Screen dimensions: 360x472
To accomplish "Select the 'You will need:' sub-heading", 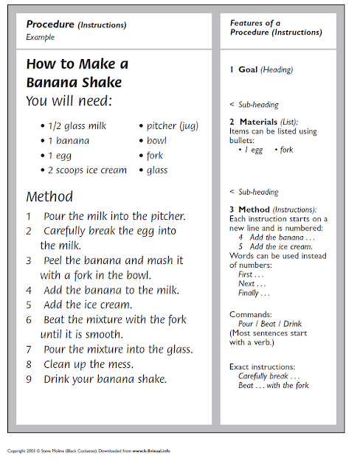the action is coord(71,101).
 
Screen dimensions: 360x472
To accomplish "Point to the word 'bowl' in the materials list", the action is coord(156,141).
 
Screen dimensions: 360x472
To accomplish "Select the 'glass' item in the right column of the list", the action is coord(156,170).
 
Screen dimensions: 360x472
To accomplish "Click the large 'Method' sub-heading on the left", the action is coord(49,197).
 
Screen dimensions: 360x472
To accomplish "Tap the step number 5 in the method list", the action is coord(29,305).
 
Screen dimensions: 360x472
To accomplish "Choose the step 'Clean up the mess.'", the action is coord(89,364).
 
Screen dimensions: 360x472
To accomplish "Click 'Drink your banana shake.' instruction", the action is coord(105,379).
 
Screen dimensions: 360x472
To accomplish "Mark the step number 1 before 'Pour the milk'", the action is coord(29,216).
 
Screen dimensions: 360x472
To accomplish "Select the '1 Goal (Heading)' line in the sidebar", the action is coord(261,70).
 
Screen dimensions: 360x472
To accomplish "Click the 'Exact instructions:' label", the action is coord(263,367).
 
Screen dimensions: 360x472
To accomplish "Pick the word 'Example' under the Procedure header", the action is coord(40,36).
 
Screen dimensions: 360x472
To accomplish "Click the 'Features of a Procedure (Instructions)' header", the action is coord(276,28).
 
